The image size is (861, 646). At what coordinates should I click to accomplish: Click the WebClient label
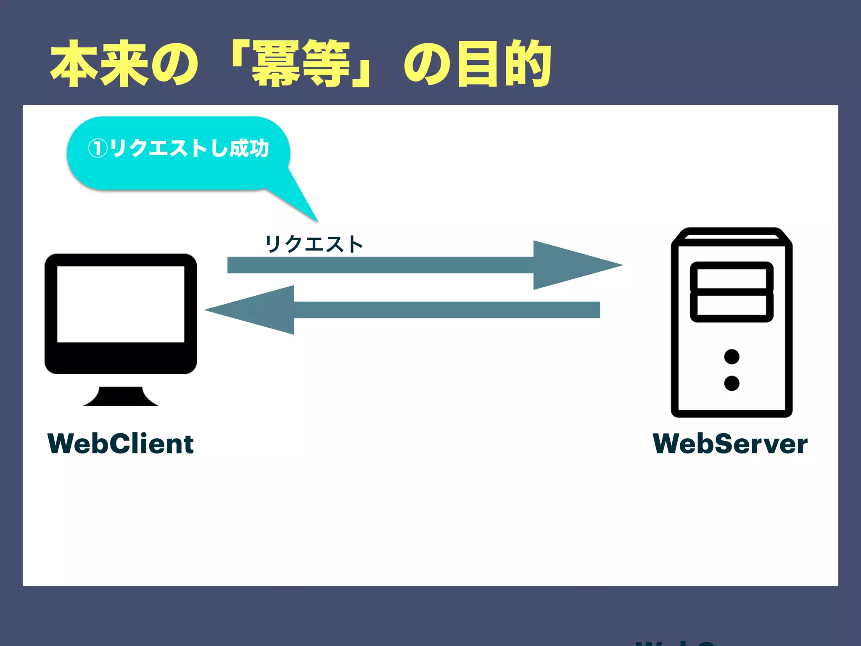coord(121,444)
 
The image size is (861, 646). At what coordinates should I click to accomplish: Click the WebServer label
coord(730,444)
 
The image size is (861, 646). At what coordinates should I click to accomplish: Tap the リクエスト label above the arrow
coord(314,244)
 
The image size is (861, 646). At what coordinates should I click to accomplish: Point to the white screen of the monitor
coord(121,304)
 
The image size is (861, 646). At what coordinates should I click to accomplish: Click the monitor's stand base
coord(121,397)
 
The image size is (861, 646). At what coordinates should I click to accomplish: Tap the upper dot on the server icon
coord(732,357)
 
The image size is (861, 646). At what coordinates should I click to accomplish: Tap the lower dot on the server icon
coord(732,383)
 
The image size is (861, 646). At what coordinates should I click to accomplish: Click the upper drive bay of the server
coord(732,278)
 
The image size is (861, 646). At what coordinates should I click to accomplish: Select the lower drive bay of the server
coord(732,305)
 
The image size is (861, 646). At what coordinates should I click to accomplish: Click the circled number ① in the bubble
coord(98,148)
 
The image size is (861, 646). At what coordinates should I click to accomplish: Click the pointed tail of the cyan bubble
coord(303,202)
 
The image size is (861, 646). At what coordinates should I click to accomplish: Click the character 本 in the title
coord(74,64)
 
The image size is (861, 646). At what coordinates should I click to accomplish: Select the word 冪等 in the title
coord(301,64)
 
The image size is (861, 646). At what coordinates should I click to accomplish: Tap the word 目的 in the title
coord(504,64)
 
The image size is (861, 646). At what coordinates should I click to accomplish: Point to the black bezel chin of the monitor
coord(121,358)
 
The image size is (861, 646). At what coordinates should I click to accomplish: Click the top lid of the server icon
coord(732,235)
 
